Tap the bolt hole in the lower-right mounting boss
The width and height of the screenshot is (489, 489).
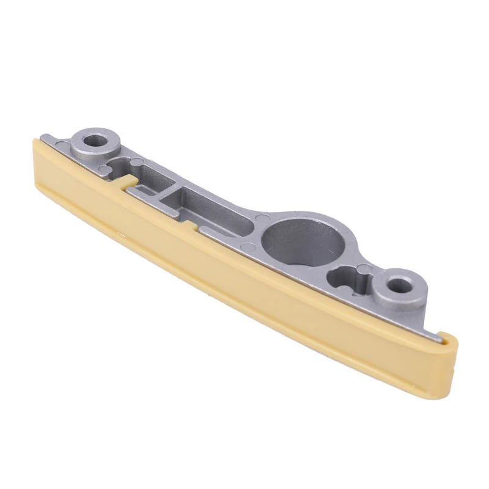[x=400, y=284]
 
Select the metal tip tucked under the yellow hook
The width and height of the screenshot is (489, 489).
[x=438, y=334]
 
